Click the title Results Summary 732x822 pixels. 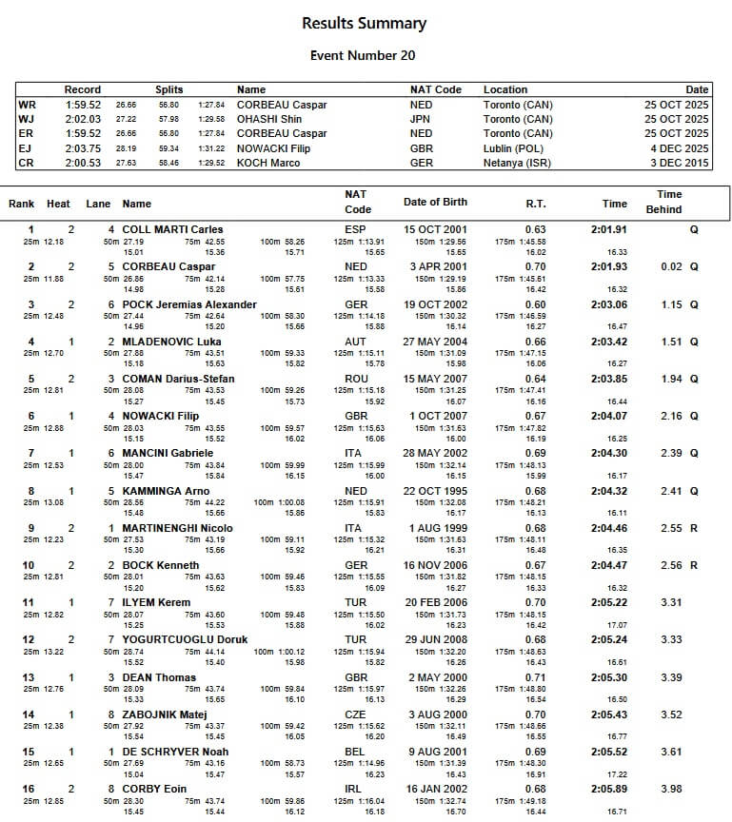click(x=364, y=23)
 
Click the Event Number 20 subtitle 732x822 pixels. click(x=363, y=55)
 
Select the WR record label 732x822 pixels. click(x=27, y=105)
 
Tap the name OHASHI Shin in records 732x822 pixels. click(x=270, y=119)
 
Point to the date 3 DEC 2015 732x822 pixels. click(x=677, y=163)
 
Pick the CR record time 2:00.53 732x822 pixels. click(x=83, y=163)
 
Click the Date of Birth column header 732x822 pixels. click(x=435, y=202)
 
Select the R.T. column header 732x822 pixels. click(x=536, y=204)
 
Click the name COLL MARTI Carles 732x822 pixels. click(x=172, y=229)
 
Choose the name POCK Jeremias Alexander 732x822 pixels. click(x=189, y=304)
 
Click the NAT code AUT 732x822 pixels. click(x=354, y=342)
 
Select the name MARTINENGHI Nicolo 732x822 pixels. click(x=177, y=528)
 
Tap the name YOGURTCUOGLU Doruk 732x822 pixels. click(x=185, y=640)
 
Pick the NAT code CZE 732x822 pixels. click(x=354, y=714)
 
